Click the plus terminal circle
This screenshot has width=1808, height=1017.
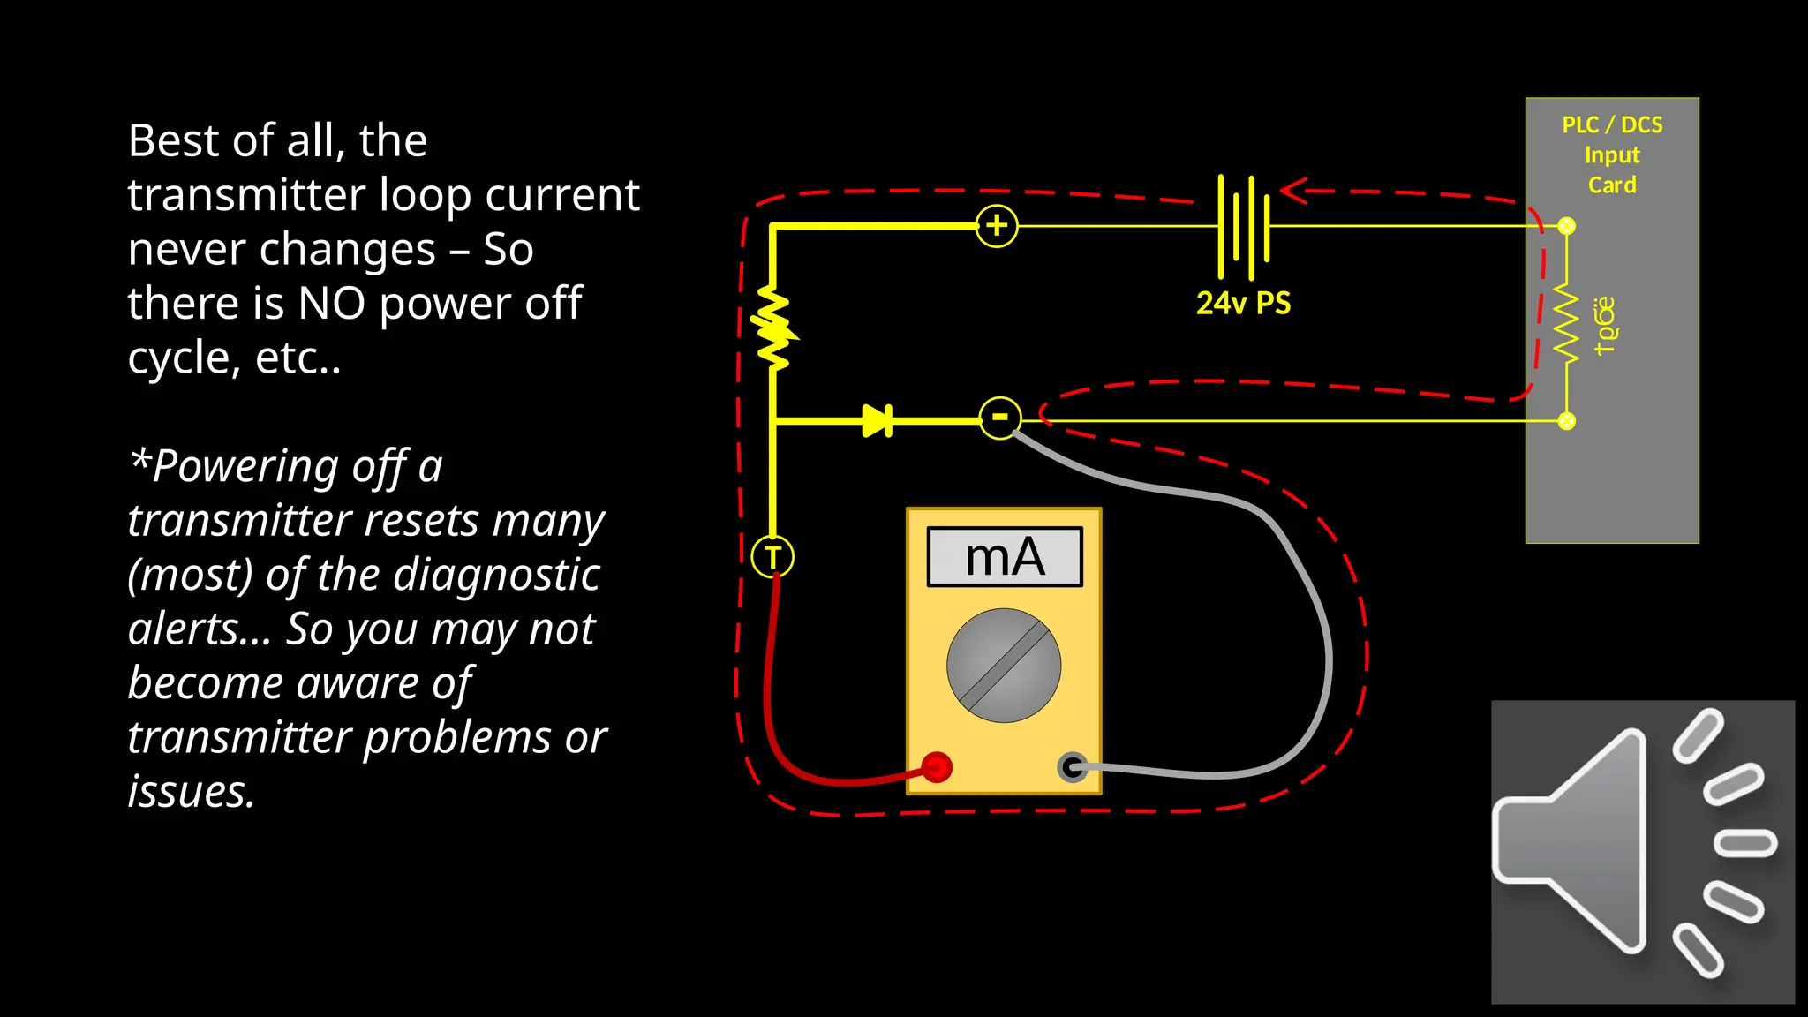coord(997,226)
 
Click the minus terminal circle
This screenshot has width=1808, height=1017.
coord(1000,418)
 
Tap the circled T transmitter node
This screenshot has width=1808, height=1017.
coord(772,557)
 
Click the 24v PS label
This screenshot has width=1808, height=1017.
coord(1243,303)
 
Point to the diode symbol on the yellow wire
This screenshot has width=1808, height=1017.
coord(878,421)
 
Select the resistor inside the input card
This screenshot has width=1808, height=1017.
coord(1567,323)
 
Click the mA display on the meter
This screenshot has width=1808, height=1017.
coord(1005,557)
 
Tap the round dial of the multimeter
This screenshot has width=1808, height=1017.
coord(1004,666)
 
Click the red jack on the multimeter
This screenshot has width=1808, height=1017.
coord(937,766)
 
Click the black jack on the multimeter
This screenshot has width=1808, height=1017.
coord(1073,766)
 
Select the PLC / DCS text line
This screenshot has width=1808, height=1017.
coord(1612,124)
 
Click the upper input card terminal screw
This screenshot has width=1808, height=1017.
coord(1567,226)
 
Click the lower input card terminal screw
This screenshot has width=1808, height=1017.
coord(1567,421)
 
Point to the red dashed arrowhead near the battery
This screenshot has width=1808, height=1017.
coord(1294,191)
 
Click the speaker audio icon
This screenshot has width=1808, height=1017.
coord(1642,852)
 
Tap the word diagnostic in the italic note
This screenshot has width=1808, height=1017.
coord(496,575)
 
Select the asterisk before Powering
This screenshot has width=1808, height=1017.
coord(139,459)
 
